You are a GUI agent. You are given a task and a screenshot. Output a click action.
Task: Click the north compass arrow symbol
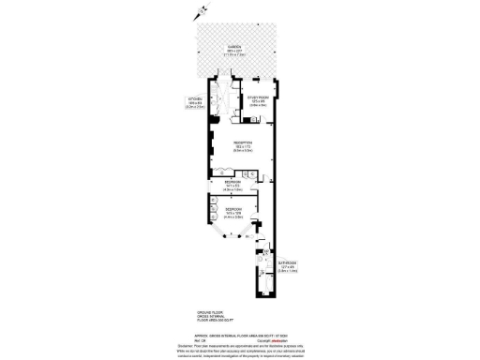(196, 13)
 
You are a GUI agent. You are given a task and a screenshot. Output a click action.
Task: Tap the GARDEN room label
(233, 47)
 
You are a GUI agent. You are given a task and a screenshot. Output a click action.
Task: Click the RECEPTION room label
(243, 142)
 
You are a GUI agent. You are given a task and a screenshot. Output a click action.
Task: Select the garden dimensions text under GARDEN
(233, 54)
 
